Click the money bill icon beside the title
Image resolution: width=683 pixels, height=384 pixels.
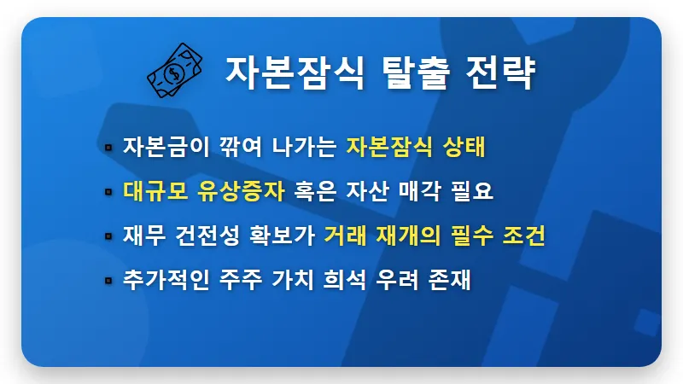[x=176, y=69]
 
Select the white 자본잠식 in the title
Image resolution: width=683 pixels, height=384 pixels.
[x=289, y=72]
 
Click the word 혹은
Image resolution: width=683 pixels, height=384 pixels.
[x=315, y=190]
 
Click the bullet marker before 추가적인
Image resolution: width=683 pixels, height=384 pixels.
[x=108, y=280]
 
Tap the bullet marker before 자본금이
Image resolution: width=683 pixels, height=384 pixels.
[x=108, y=147]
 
